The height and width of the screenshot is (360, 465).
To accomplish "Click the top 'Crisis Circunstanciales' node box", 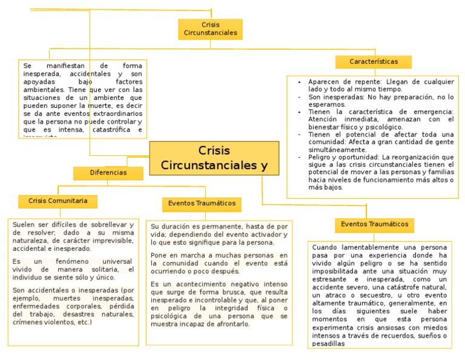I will [x=210, y=28].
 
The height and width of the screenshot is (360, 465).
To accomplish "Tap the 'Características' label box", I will [x=374, y=62].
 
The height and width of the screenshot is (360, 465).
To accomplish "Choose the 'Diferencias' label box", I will [x=108, y=173].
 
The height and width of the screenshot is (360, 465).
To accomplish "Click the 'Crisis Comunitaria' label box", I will [x=58, y=201].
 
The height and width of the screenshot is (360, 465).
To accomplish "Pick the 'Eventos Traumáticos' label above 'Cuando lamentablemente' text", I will [x=374, y=224].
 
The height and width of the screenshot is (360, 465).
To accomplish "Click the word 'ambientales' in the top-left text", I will [x=39, y=89].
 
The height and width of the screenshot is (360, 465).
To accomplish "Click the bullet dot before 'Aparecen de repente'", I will [x=300, y=81].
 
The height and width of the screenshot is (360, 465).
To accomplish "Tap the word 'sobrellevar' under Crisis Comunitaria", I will [x=112, y=224].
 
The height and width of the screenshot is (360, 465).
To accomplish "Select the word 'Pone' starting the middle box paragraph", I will [x=159, y=255].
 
